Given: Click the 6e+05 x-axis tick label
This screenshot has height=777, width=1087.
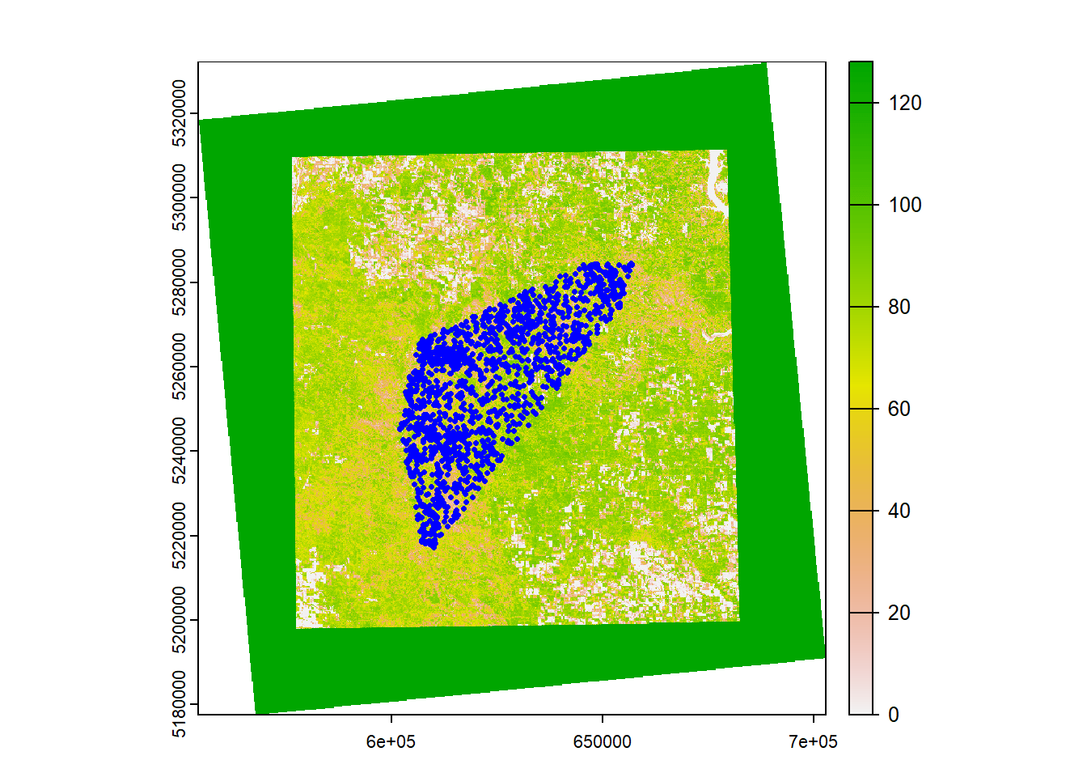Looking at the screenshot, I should [x=391, y=742].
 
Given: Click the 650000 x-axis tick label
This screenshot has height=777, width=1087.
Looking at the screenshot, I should [x=602, y=742].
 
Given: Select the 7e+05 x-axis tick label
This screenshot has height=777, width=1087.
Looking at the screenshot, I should [x=813, y=742].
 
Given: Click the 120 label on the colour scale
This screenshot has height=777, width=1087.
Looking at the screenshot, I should [x=904, y=104].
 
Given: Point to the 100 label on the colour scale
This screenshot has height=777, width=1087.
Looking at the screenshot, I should [x=904, y=206].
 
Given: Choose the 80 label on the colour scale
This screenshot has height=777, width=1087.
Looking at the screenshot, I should [x=899, y=308].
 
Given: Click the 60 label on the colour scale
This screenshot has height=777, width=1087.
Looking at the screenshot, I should [x=899, y=410].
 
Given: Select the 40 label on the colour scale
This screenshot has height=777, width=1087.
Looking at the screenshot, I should [x=899, y=512].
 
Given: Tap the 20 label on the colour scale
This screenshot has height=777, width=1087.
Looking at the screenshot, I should [x=899, y=614].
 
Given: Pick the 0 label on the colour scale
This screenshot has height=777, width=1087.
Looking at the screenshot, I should [x=893, y=715].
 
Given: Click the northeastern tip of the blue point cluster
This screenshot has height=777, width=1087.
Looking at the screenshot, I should [x=631, y=265].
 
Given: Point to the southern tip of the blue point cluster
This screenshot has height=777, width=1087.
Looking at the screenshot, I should [x=434, y=546].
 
